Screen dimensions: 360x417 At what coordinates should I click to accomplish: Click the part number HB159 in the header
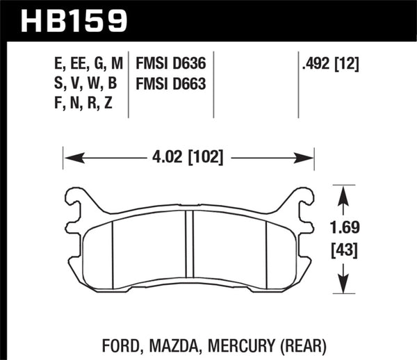tap(76, 20)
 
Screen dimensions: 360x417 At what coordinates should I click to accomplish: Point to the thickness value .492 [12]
tap(332, 65)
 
